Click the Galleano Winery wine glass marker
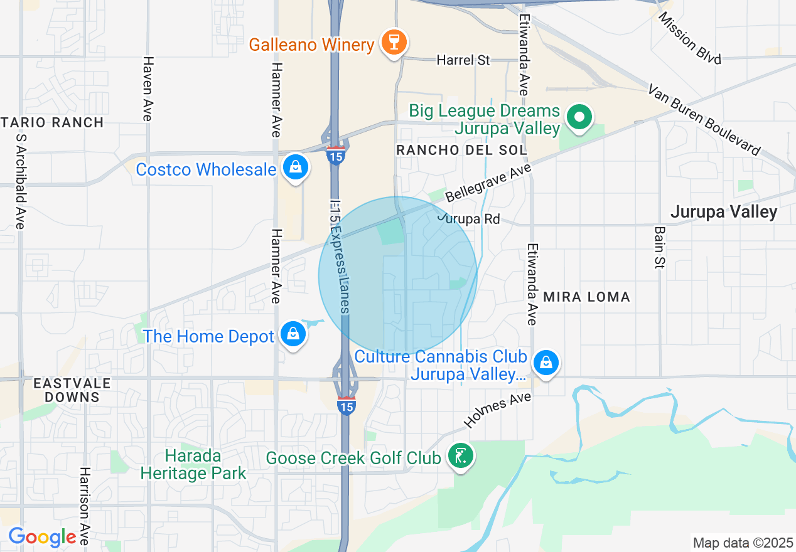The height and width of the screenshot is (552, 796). [394, 43]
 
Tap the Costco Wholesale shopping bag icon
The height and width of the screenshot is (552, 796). [294, 167]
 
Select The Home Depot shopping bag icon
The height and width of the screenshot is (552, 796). [293, 334]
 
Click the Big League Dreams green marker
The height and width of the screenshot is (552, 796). [580, 117]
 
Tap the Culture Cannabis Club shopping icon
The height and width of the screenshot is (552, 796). [546, 363]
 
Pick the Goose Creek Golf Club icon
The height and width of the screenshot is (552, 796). [461, 456]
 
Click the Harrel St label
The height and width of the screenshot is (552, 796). [463, 60]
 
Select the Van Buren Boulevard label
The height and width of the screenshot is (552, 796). [704, 119]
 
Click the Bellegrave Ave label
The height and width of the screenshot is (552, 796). [488, 183]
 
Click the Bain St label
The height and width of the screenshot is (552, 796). [659, 248]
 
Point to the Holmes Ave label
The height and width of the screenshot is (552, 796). [498, 410]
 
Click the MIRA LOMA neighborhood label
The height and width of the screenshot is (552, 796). [586, 297]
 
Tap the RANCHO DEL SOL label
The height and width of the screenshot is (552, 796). [461, 150]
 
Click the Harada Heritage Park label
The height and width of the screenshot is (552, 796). [193, 464]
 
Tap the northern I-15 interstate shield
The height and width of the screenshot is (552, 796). [336, 155]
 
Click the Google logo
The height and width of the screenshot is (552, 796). [42, 537]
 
